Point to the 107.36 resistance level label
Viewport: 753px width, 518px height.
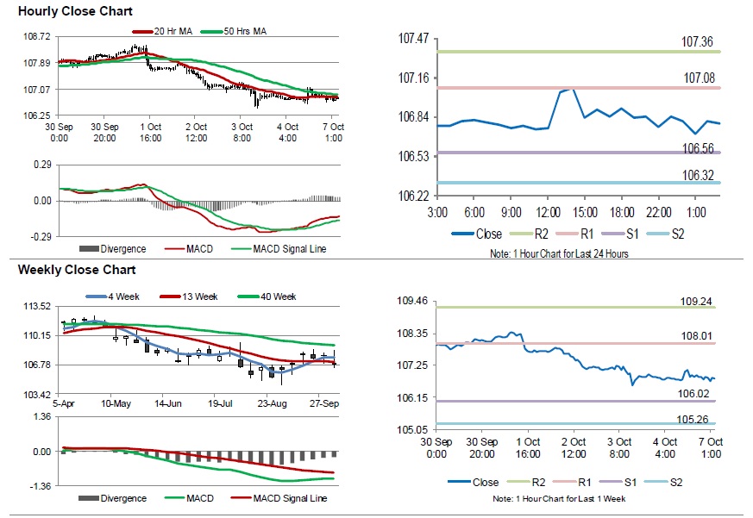pos(700,41)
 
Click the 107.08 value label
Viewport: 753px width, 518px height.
pos(700,78)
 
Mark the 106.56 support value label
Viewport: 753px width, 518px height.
pos(700,148)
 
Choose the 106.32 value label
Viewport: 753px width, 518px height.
pos(700,175)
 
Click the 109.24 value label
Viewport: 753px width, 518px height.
pos(698,303)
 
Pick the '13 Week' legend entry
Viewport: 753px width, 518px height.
pos(202,296)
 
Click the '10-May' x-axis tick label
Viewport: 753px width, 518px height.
pos(116,403)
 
